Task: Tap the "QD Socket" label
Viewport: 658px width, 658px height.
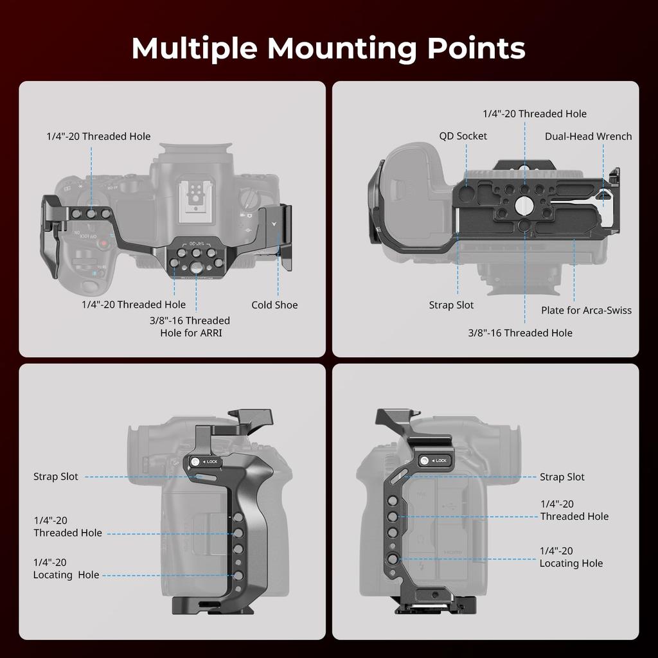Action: tap(463, 136)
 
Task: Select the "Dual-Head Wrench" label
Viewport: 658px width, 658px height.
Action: tap(588, 136)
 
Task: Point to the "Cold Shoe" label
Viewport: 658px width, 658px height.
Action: tap(274, 305)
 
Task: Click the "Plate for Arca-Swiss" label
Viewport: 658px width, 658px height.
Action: tap(586, 310)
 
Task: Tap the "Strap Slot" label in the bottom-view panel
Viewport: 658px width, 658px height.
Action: tap(451, 305)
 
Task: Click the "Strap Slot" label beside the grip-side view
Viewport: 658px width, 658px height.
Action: tap(56, 477)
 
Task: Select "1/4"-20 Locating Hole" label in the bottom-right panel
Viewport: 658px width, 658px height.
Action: tap(571, 557)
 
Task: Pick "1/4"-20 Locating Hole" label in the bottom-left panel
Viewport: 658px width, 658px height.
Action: tap(66, 569)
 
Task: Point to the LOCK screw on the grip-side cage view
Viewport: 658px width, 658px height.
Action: tap(196, 461)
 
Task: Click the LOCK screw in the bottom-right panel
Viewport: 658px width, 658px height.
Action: tap(424, 461)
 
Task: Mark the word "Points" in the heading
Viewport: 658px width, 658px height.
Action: tap(473, 48)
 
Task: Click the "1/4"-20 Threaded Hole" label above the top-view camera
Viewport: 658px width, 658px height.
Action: tap(98, 136)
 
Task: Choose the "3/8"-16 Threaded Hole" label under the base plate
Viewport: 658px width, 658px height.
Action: tap(520, 333)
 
